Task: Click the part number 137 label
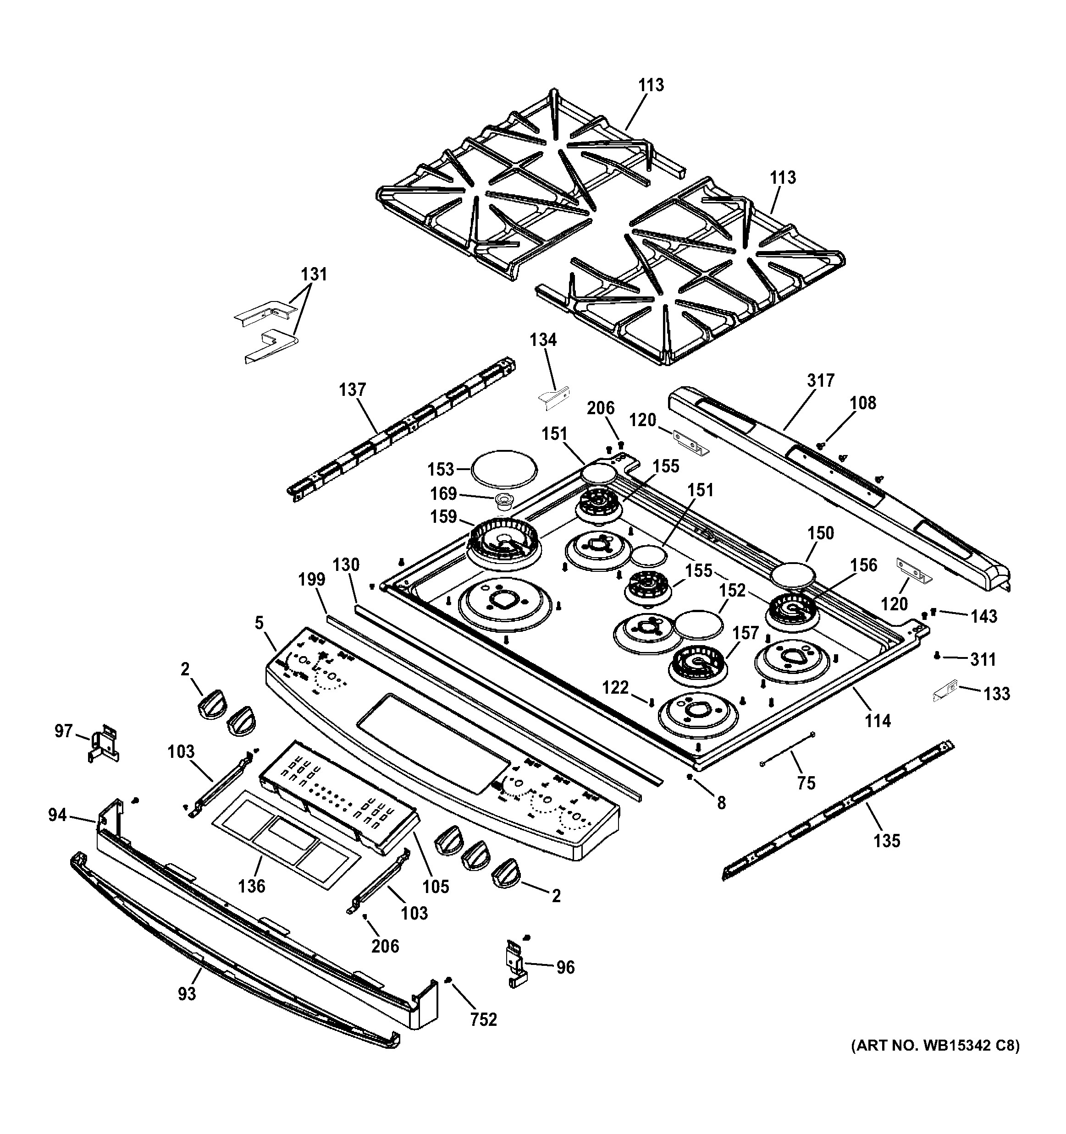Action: (352, 390)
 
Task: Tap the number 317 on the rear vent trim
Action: (821, 380)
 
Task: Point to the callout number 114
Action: (877, 721)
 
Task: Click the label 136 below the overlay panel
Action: (252, 886)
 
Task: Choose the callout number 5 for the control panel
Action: (260, 624)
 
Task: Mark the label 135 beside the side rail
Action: (887, 840)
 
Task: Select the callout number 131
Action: (314, 274)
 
